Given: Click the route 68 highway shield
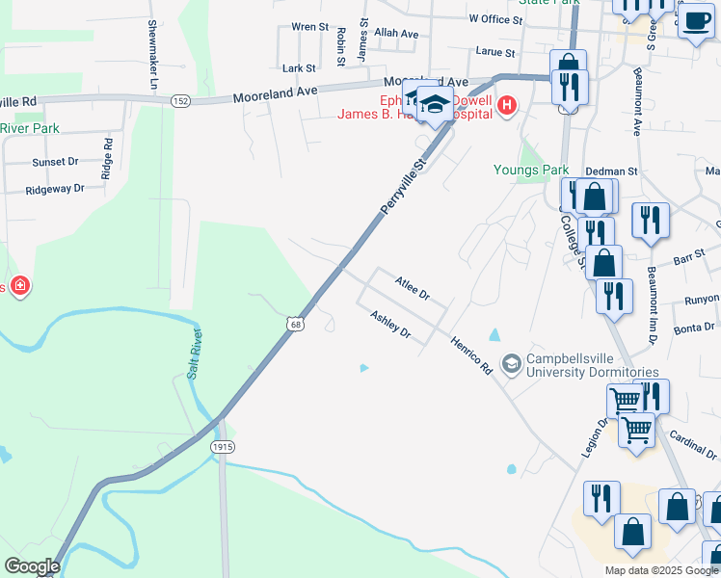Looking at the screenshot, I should pos(293,324).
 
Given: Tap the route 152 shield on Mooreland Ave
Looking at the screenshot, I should pos(179,100).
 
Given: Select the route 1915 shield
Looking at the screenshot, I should pos(223,446).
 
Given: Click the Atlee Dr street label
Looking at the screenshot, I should pos(412,286).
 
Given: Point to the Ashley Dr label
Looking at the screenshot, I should pos(391,326).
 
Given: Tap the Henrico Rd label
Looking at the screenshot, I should pos(472,355).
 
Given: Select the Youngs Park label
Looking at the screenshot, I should pos(531,171).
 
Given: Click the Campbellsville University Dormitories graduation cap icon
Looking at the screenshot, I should pos(511,363).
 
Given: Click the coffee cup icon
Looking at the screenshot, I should pos(695,19).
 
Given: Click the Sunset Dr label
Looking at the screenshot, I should pos(55,163).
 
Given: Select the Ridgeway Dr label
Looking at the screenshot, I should pos(55,190).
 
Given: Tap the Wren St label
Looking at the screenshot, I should pos(309,27).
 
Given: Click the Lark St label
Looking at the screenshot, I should pos(299,68).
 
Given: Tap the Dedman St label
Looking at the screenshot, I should pos(619,171).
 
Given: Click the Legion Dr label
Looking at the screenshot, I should pos(593,434).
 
